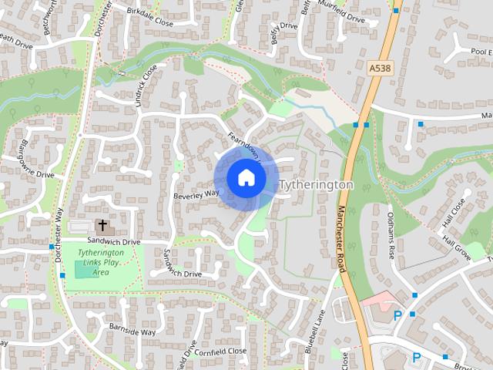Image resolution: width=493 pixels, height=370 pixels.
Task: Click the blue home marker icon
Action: click(246, 177)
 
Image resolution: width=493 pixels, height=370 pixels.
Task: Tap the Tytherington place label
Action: click(316, 185)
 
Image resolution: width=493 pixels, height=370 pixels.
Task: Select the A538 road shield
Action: click(379, 69)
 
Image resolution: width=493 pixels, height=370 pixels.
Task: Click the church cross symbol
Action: click(102, 226)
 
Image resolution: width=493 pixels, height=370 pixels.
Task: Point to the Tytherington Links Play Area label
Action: click(101, 262)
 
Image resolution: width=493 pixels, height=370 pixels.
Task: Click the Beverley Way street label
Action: click(196, 193)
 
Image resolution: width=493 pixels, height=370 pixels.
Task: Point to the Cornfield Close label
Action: click(220, 351)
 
